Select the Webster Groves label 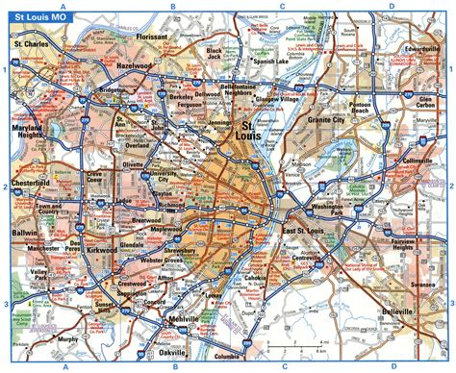click(x=174, y=264)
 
